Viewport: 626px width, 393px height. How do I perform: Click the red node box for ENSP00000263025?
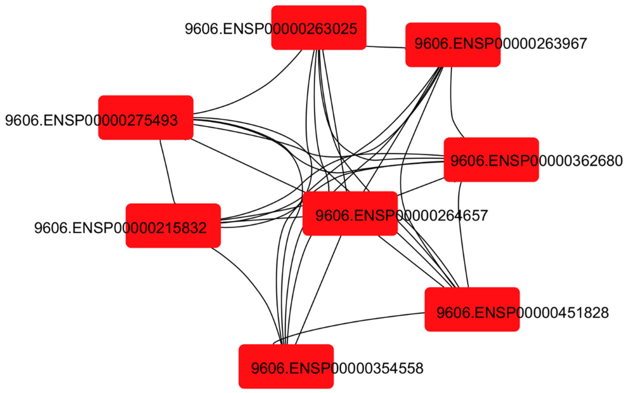click(319, 16)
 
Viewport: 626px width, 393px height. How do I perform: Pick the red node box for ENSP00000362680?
click(491, 173)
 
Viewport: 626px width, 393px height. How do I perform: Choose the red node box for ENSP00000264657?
click(350, 226)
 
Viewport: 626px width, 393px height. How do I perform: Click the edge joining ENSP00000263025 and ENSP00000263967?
click(386, 47)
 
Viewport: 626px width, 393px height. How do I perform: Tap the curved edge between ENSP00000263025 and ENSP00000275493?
click(260, 88)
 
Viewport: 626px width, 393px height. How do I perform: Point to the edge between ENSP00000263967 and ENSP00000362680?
click(452, 104)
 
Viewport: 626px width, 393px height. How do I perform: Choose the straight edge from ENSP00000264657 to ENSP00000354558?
click(318, 288)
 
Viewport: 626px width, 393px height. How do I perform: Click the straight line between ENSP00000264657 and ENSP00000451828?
click(413, 263)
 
